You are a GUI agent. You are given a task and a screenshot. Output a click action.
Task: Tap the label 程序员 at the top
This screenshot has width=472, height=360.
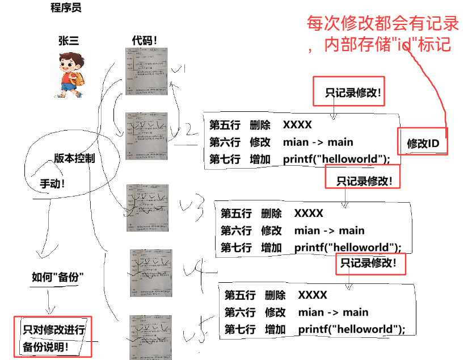[66, 9]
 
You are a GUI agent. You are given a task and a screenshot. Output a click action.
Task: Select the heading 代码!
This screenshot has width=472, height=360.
[144, 40]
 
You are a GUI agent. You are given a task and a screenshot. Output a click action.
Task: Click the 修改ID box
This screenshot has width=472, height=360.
[423, 144]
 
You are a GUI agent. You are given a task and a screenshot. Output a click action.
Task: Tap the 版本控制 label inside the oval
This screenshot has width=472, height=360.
[74, 158]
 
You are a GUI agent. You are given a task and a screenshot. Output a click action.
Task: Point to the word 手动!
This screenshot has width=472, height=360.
[52, 184]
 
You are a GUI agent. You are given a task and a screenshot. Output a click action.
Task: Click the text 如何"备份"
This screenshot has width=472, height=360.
[58, 277]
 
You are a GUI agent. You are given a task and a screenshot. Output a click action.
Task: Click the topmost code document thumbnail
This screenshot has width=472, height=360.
[147, 71]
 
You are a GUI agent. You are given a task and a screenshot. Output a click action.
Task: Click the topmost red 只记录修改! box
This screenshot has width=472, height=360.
[348, 93]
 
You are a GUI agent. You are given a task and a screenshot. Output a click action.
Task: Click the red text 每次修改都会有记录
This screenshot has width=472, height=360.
[382, 24]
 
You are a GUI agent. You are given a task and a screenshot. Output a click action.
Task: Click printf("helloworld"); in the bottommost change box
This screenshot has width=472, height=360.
[352, 329]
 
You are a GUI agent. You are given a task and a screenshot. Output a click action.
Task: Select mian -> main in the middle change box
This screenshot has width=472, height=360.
[329, 231]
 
